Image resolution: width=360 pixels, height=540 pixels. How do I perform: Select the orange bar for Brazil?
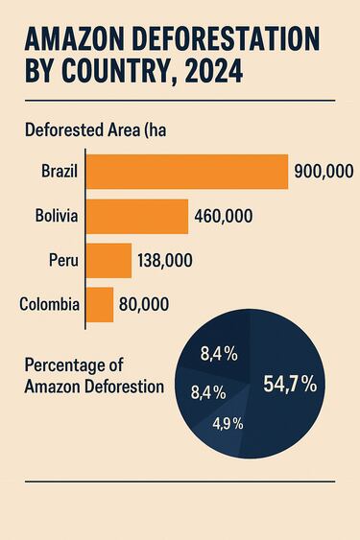(x=187, y=172)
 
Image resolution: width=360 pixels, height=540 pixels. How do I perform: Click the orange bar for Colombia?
(x=100, y=305)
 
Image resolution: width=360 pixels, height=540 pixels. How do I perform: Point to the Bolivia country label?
(x=56, y=217)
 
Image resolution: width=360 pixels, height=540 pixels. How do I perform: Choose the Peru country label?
(x=63, y=261)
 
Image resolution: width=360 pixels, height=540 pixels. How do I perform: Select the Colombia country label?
(x=49, y=305)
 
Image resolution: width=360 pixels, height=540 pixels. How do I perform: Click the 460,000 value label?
(x=223, y=217)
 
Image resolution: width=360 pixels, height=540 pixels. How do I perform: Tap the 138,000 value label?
(x=165, y=261)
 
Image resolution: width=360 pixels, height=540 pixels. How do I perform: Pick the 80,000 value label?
(x=144, y=305)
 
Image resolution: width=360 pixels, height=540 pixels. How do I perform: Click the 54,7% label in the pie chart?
(x=291, y=386)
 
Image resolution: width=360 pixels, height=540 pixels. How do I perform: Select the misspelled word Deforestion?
(x=124, y=387)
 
